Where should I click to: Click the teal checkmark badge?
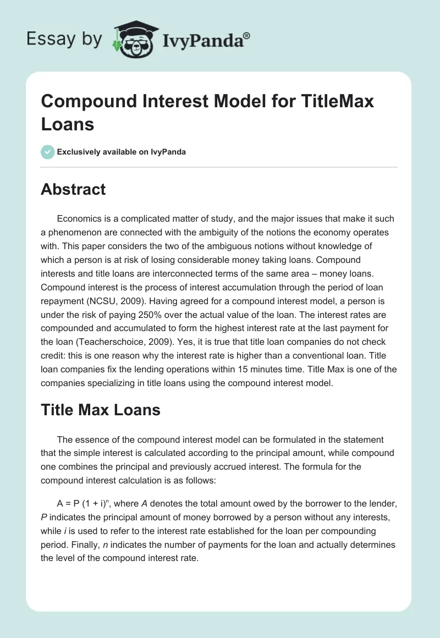click(x=48, y=152)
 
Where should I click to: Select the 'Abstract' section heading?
click(x=73, y=190)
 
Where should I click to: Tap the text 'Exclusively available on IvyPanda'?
click(x=122, y=152)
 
